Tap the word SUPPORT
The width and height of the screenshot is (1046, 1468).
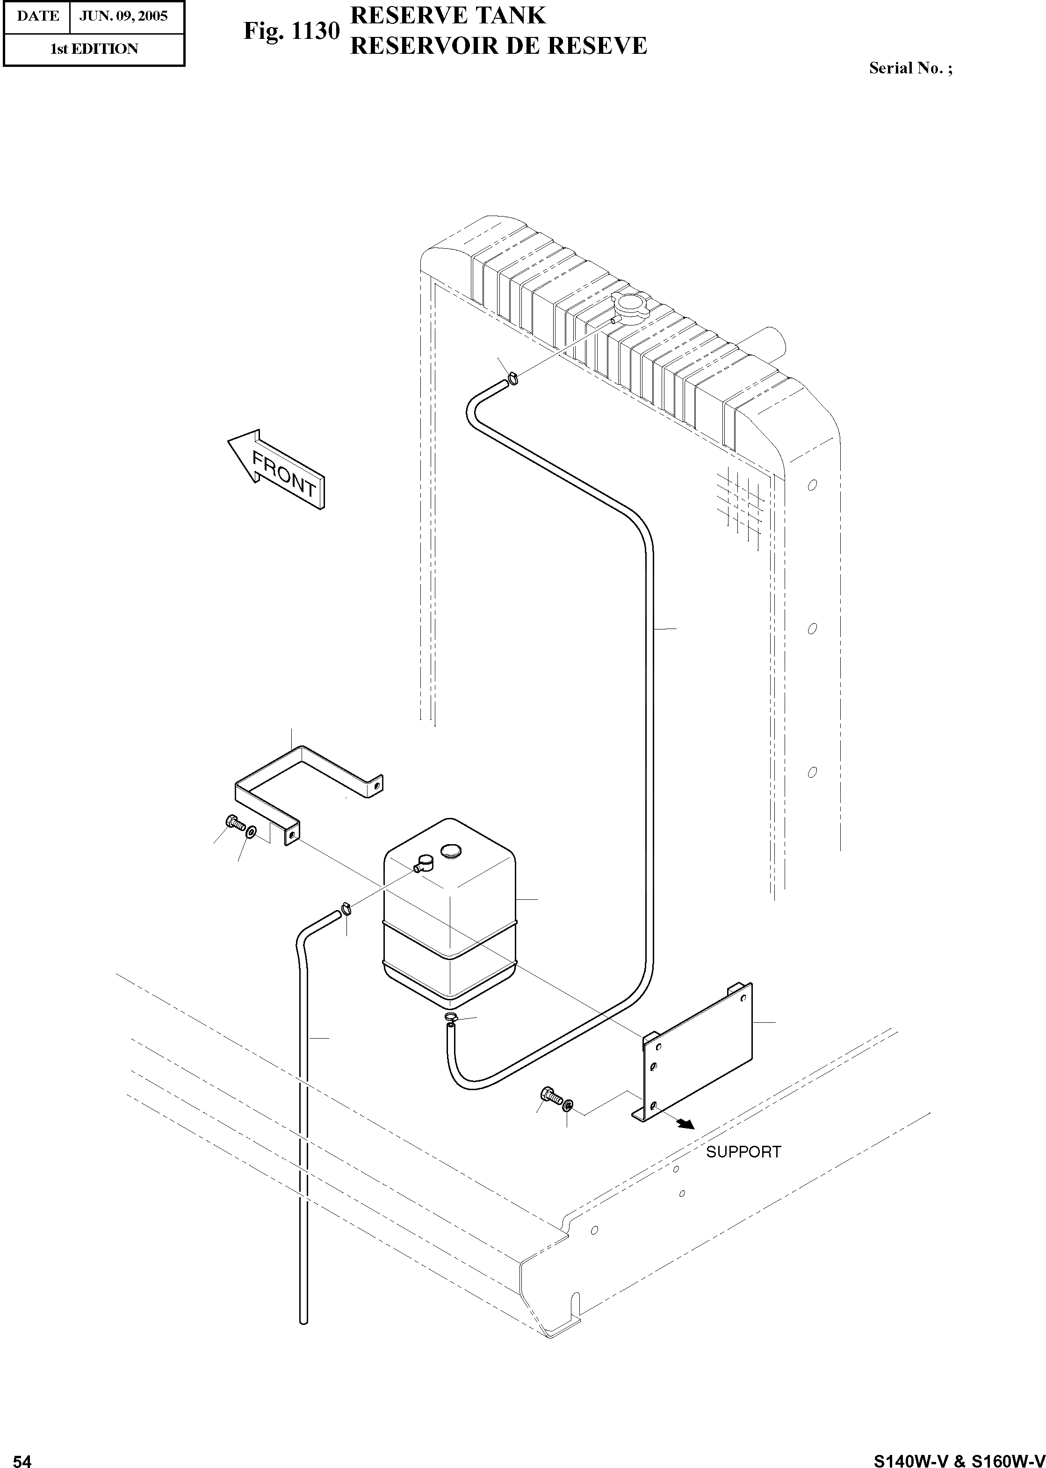(x=743, y=1152)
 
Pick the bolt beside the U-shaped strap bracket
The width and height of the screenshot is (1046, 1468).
(x=233, y=823)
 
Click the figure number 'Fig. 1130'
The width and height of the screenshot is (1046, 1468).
(x=291, y=31)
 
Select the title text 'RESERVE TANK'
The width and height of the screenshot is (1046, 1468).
(x=447, y=15)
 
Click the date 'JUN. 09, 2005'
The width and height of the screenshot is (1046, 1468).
(x=123, y=16)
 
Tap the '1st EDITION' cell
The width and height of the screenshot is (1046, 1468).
(x=94, y=49)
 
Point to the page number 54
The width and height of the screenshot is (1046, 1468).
(x=22, y=1457)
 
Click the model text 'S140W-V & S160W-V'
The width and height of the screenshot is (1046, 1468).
(x=959, y=1457)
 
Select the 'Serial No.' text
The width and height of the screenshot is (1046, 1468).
(x=910, y=68)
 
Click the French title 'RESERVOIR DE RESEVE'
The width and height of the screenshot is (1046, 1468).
(x=498, y=46)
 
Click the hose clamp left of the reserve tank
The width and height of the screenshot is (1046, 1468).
(x=346, y=909)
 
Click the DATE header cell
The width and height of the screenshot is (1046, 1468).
(x=37, y=16)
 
